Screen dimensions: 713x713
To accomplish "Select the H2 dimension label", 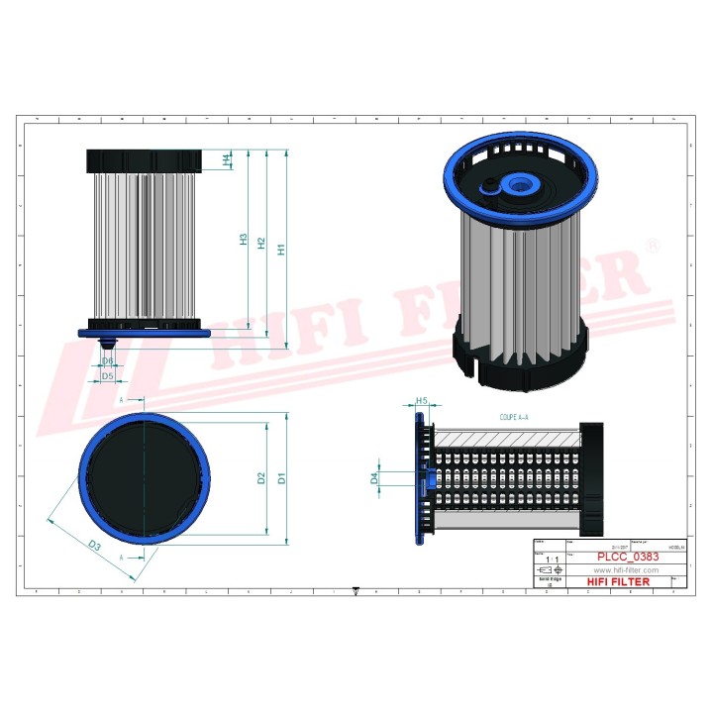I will (x=261, y=243).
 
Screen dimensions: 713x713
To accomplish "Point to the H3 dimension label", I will (x=243, y=239).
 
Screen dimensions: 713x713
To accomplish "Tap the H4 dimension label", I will (x=227, y=158).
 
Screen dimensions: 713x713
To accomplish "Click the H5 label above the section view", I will (x=421, y=401).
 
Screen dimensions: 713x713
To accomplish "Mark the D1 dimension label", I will (x=282, y=479).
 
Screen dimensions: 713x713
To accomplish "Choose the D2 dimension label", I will (x=261, y=478).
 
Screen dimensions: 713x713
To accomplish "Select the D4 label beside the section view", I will (x=374, y=478).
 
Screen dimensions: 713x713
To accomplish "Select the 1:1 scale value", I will (x=551, y=560).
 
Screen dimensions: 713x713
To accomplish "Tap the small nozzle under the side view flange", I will (x=109, y=342).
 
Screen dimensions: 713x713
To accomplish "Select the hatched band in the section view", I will (x=505, y=437).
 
